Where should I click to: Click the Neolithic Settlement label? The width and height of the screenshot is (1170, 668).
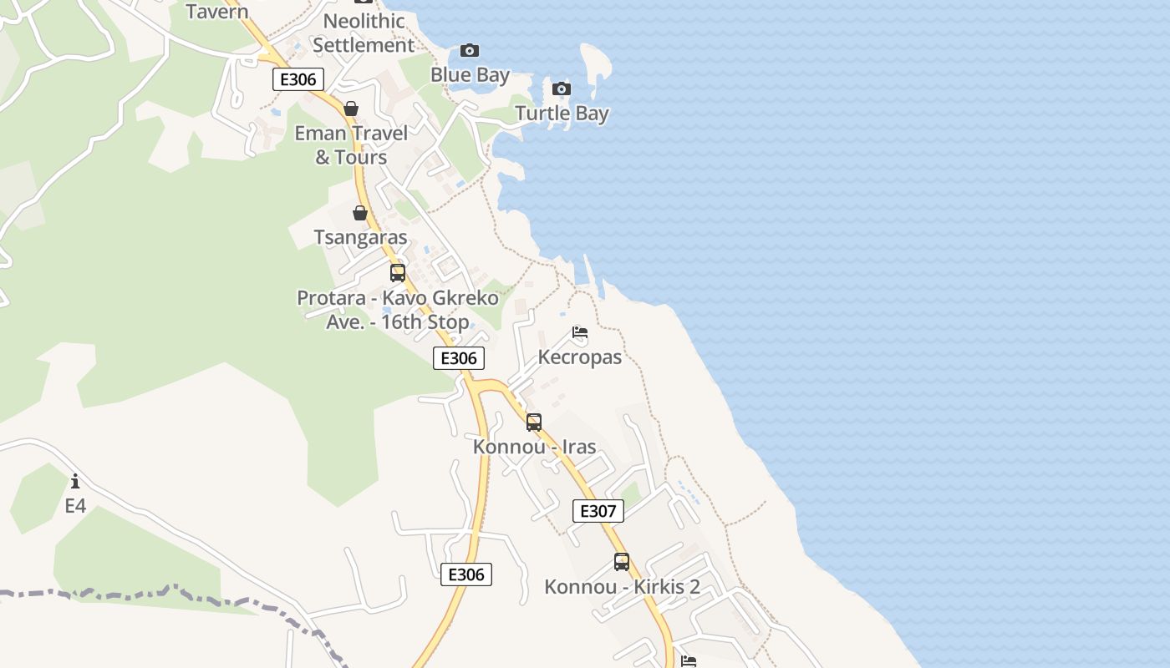[x=364, y=33]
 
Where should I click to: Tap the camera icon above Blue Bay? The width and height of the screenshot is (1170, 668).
[x=470, y=51]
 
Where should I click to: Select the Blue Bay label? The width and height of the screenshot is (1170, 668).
[x=470, y=75]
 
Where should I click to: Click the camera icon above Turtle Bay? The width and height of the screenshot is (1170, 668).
[x=562, y=89]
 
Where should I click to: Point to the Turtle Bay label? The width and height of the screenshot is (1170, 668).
[x=562, y=113]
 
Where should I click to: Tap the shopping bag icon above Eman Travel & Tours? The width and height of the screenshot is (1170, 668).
[x=351, y=109]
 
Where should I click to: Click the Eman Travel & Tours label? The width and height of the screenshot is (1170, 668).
[x=351, y=144]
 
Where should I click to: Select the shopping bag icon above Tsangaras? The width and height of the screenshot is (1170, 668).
[x=360, y=213]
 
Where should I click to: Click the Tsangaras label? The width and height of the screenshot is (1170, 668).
[x=360, y=237]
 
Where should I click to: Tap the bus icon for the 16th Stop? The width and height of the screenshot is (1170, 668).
[x=398, y=272]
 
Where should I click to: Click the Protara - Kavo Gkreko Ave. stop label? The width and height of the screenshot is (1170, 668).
[x=398, y=309]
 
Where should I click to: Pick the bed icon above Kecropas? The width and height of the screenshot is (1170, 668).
[x=580, y=332]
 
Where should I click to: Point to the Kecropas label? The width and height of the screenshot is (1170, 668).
[x=580, y=357]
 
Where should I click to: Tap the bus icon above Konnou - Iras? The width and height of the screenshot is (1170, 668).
[x=534, y=422]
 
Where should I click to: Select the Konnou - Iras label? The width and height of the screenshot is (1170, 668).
[x=534, y=447]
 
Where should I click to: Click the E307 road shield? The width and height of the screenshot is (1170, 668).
[x=598, y=511]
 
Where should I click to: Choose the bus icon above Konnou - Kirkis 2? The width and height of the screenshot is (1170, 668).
[x=622, y=562]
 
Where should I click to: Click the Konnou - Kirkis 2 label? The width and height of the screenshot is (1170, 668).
[x=622, y=587]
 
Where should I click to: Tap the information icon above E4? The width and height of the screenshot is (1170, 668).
[x=75, y=481]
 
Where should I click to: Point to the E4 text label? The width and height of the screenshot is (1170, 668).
[x=75, y=506]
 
